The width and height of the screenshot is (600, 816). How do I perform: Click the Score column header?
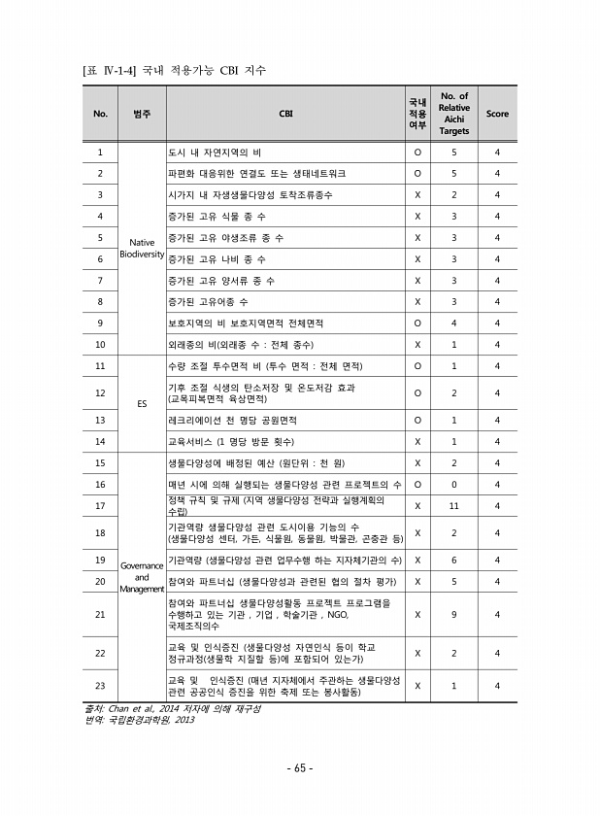pyautogui.click(x=496, y=114)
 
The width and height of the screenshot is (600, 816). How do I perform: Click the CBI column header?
pyautogui.click(x=285, y=114)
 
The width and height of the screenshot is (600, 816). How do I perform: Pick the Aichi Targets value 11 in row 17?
pyautogui.click(x=453, y=505)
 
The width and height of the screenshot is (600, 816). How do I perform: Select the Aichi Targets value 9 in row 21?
pyautogui.click(x=453, y=614)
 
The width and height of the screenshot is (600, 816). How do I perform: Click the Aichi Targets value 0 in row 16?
pyautogui.click(x=453, y=483)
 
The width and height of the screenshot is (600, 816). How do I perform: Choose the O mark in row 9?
pyautogui.click(x=417, y=323)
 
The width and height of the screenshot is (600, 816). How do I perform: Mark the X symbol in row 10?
pyautogui.click(x=417, y=344)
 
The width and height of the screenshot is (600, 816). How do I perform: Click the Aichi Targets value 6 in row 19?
pyautogui.click(x=453, y=560)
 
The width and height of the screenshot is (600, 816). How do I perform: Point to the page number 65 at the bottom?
pyautogui.click(x=299, y=768)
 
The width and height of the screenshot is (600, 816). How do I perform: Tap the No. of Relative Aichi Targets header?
pyautogui.click(x=453, y=114)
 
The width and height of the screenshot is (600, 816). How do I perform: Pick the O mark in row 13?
pyautogui.click(x=417, y=420)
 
